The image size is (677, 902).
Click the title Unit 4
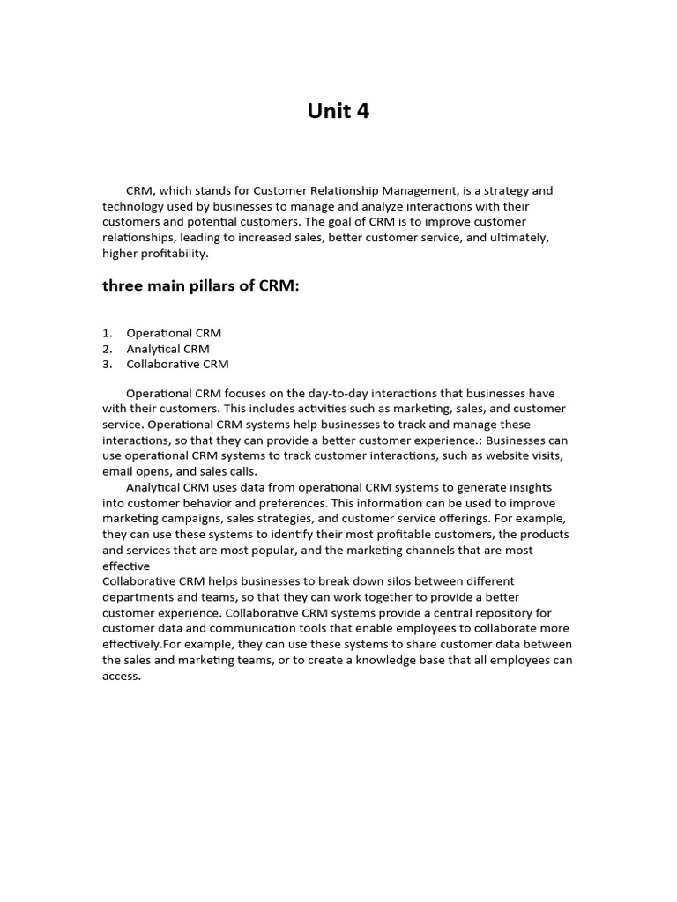338,111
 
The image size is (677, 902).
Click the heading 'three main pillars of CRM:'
201,285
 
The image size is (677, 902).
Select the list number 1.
107,333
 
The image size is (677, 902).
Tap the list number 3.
107,364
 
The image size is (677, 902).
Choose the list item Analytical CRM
167,349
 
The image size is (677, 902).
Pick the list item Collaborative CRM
177,364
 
